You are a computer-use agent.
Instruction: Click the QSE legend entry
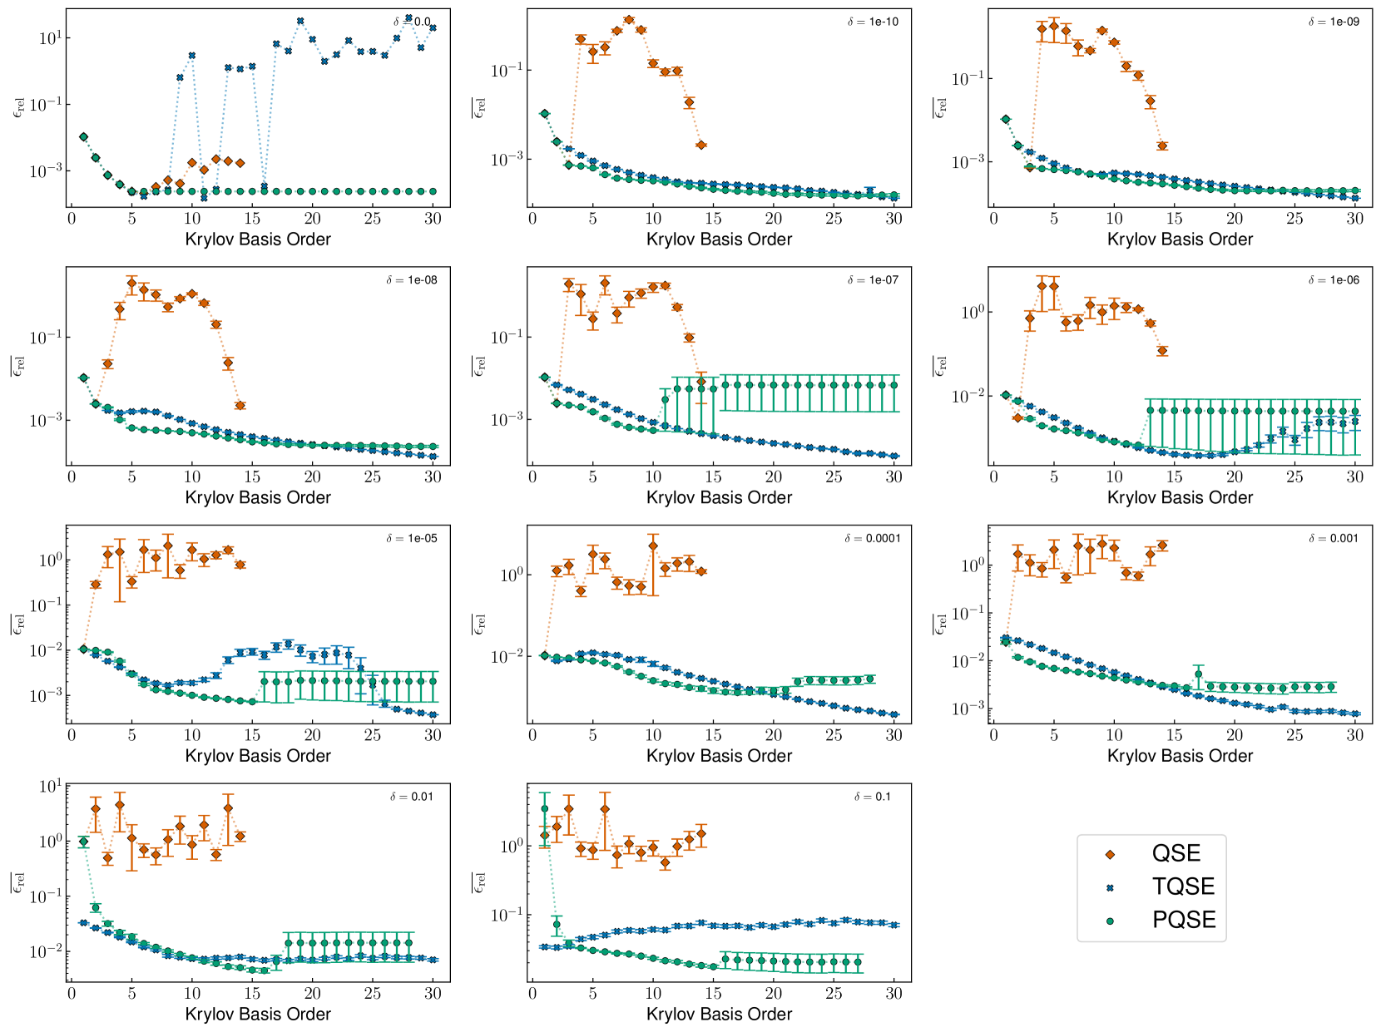1176,853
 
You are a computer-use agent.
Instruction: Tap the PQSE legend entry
1183,920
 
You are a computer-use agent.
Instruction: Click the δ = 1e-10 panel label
873,22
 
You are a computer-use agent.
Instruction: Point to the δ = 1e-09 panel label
1334,22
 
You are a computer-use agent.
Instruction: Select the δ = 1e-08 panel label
411,280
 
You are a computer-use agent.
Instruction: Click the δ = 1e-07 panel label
873,280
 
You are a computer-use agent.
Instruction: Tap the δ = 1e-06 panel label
1334,280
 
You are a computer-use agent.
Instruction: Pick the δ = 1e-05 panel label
411,539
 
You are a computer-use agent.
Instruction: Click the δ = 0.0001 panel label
873,539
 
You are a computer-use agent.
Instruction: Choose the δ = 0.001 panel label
1334,539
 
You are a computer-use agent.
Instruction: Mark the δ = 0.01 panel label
411,797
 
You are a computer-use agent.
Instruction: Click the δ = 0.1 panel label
873,797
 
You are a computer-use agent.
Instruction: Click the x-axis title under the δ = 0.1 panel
719,1015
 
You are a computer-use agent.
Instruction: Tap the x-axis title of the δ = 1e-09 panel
1180,239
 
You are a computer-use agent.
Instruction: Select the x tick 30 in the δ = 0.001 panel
1355,735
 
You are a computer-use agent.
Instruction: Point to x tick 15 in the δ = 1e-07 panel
713,476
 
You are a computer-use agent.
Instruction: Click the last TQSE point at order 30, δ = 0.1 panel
894,925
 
